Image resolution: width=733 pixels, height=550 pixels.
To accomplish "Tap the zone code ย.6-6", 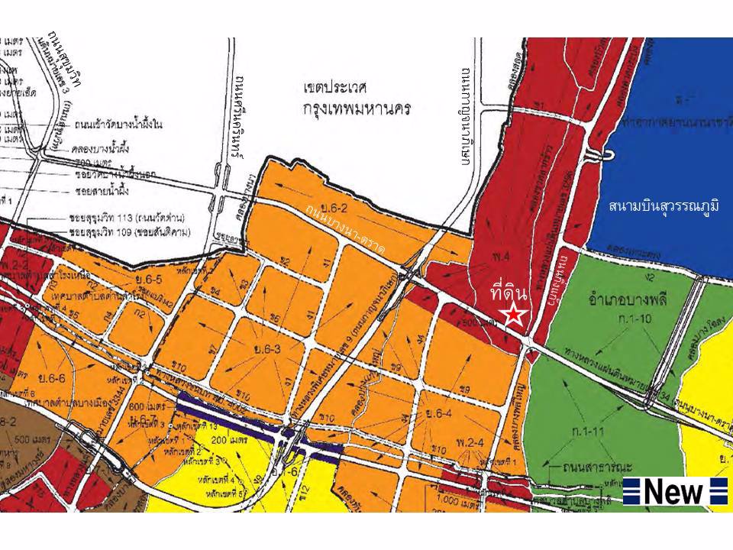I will [x=53, y=377].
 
